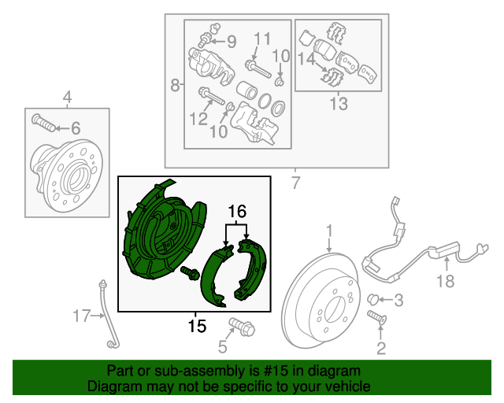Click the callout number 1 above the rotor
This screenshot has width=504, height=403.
[x=330, y=231]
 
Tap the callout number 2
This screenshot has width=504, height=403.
[x=381, y=349]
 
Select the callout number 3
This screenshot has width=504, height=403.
[x=398, y=300]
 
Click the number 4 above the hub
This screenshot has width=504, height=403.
[x=67, y=98]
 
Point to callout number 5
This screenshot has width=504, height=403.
[x=223, y=346]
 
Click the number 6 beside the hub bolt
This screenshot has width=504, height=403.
[x=76, y=128]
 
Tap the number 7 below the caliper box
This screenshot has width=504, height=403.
[x=295, y=185]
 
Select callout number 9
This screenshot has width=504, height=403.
[x=231, y=41]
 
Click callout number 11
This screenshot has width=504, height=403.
[x=262, y=38]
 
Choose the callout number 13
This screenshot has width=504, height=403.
[x=338, y=103]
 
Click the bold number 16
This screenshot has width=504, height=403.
[x=238, y=211]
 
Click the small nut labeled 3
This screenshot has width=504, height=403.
[x=376, y=298]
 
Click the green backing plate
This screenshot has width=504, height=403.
[x=157, y=232]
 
